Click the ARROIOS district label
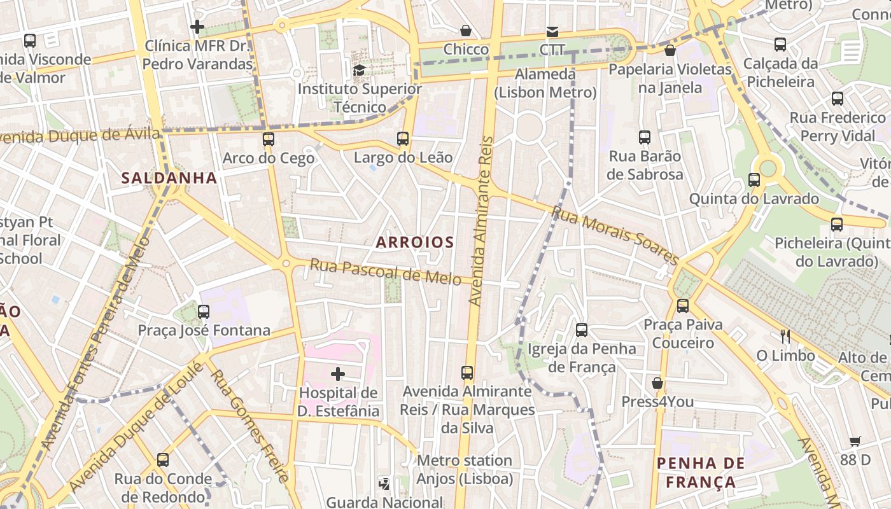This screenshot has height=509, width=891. pyautogui.click(x=415, y=242)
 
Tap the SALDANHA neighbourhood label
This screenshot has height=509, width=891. pyautogui.click(x=169, y=178)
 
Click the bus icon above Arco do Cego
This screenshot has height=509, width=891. pyautogui.click(x=269, y=139)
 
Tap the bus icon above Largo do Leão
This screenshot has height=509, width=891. pyautogui.click(x=402, y=138)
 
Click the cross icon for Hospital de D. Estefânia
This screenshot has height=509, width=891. pyautogui.click(x=338, y=374)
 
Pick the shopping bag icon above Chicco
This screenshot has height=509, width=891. pyautogui.click(x=466, y=31)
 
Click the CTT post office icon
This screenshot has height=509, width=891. pyautogui.click(x=552, y=31)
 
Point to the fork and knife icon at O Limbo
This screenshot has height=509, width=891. pyautogui.click(x=785, y=336)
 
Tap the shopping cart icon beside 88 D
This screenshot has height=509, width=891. pyautogui.click(x=855, y=441)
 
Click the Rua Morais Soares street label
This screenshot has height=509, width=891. pyautogui.click(x=615, y=235)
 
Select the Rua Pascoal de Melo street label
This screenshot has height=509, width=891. pyautogui.click(x=385, y=272)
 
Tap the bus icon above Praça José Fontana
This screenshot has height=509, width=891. pyautogui.click(x=204, y=311)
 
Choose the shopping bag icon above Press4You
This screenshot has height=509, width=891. pyautogui.click(x=657, y=383)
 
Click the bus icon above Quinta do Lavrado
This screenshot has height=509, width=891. pyautogui.click(x=754, y=179)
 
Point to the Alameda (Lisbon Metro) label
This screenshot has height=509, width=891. pyautogui.click(x=545, y=83)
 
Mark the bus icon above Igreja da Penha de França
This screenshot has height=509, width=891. pyautogui.click(x=582, y=330)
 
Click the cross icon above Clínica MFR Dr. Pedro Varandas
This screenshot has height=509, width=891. pyautogui.click(x=197, y=27)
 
